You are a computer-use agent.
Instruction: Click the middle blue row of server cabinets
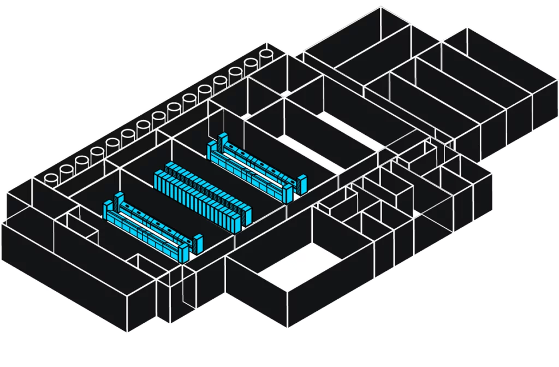point(202,194)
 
